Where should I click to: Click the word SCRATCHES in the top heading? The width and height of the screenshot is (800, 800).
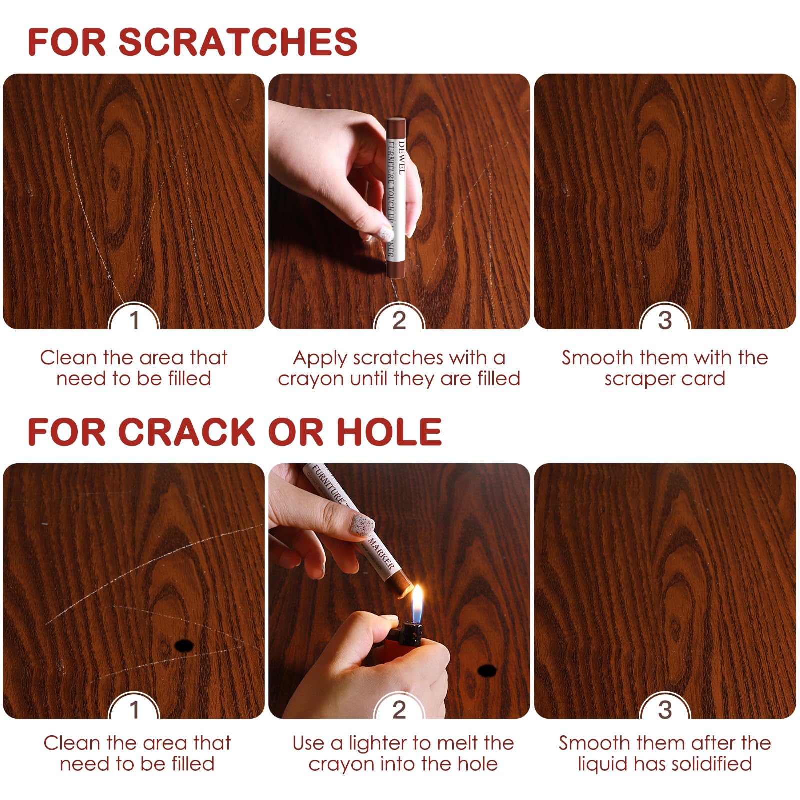238,42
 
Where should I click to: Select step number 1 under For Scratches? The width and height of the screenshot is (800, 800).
134,320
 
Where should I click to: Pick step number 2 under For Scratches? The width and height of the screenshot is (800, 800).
399,320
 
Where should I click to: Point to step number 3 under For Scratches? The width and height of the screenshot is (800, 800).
665,320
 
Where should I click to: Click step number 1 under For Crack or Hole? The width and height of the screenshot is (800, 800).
134,710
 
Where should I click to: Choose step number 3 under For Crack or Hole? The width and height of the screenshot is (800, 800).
665,710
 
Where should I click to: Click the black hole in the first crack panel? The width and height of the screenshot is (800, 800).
184,646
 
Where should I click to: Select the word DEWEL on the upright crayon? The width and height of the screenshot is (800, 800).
401,158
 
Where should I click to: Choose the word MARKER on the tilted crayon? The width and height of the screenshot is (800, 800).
382,554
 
